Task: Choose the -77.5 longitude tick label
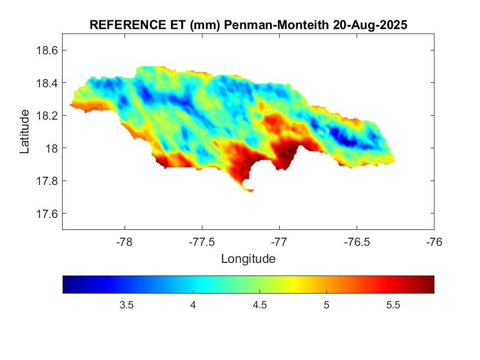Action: click(202, 241)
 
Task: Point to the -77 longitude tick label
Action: click(279, 241)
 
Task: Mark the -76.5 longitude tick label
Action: click(357, 241)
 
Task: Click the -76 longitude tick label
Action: click(434, 241)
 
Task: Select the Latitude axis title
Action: click(25, 131)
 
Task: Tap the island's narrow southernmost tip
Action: click(250, 190)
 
